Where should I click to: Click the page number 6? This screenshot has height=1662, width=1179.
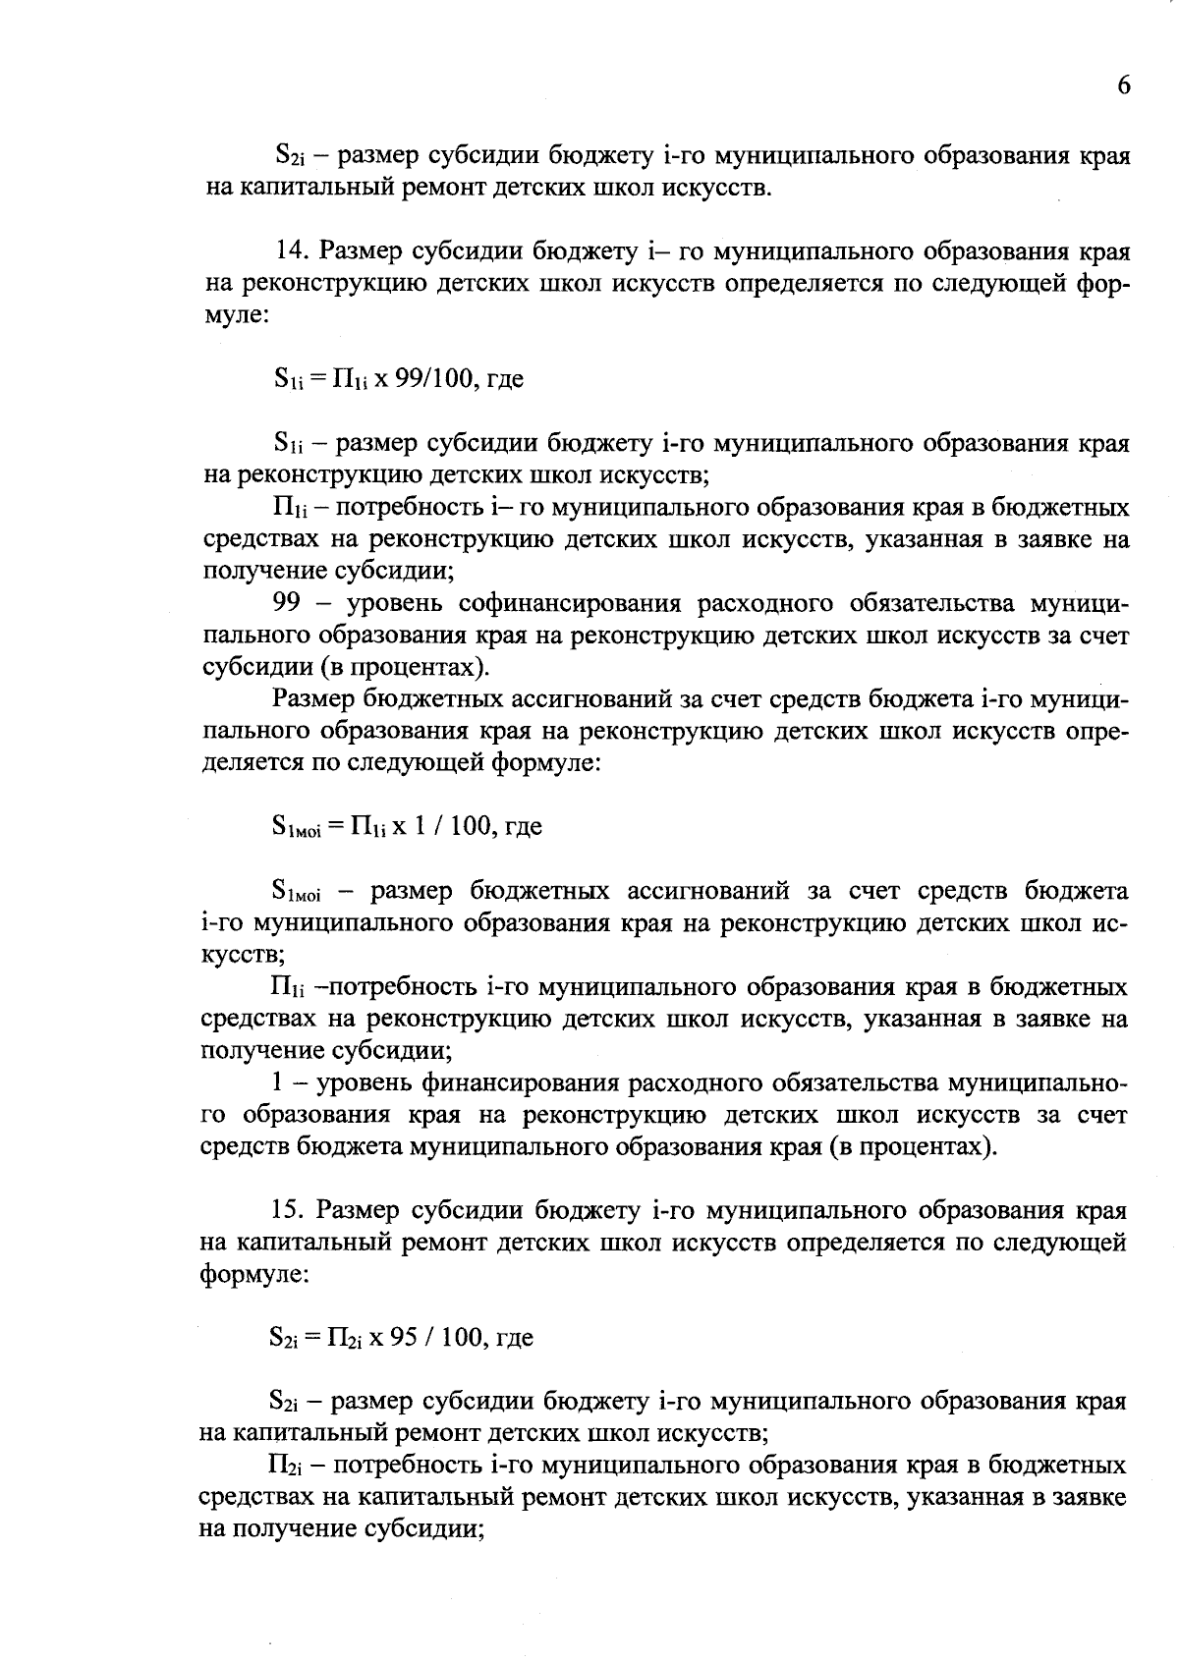pos(1124,85)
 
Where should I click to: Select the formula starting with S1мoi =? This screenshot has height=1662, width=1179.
pos(406,826)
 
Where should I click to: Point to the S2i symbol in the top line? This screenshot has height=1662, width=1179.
pos(293,156)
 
